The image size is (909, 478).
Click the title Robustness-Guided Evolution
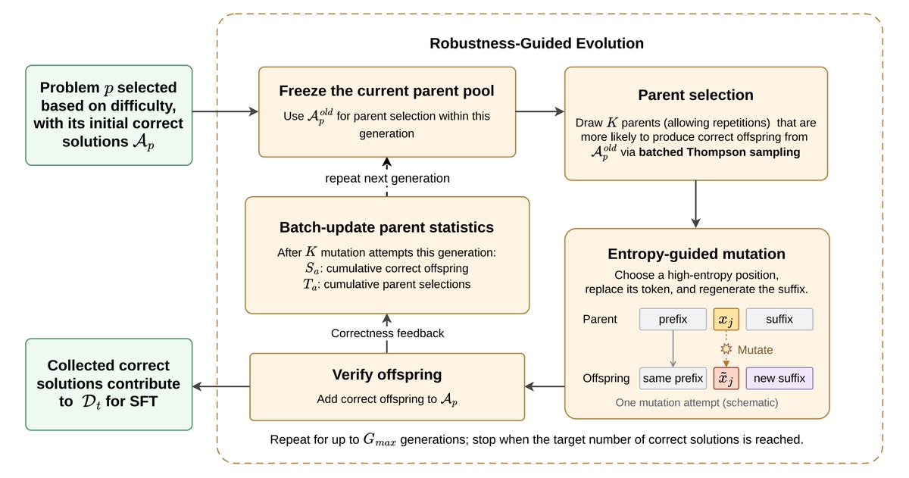pos(536,43)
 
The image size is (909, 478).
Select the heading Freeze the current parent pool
pos(387,91)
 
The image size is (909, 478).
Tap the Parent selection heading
pos(695,95)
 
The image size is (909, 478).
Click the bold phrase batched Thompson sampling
pos(720,152)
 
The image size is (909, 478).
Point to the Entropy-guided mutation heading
pos(696,254)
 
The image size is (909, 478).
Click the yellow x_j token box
pos(726,320)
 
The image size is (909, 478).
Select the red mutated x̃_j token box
pos(726,378)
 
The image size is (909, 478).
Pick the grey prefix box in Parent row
pos(673,320)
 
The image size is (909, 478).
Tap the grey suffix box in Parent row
pos(779,320)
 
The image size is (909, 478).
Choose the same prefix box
pos(673,378)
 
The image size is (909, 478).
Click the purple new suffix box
pos(779,378)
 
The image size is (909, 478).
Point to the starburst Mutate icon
pos(726,349)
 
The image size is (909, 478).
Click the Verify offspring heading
pos(387,374)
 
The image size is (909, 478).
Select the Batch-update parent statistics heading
pos(387,227)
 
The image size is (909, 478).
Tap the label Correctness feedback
pos(387,333)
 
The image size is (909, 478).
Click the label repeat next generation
pos(387,178)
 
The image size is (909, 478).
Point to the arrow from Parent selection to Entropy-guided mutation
pos(695,204)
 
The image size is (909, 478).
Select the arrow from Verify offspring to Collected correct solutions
pos(221,386)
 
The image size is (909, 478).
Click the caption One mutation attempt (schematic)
pos(696,402)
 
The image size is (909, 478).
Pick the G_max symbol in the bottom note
pos(379,440)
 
